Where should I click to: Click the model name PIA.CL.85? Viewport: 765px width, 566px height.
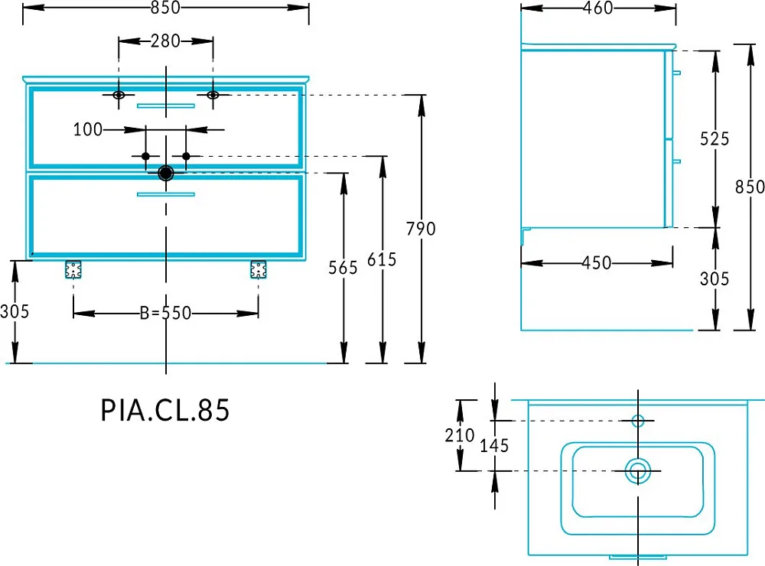165,410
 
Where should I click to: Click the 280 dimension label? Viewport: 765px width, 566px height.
165,41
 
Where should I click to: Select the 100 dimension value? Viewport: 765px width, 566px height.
88,129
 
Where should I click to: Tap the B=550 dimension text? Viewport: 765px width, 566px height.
165,313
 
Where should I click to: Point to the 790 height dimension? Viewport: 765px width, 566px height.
421,229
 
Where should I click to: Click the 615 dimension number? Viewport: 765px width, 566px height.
382,259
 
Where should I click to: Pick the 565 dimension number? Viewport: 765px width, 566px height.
343,268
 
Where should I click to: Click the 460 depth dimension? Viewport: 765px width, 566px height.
598,8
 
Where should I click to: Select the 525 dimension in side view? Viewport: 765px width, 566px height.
715,139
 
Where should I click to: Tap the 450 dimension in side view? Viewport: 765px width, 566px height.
597,263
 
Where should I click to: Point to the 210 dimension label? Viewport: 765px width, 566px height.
460,434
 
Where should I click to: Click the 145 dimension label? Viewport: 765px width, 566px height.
494,445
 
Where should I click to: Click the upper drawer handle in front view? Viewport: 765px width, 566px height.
166,106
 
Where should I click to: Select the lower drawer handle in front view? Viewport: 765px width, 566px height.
166,194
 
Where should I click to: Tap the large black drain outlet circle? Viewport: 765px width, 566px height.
166,173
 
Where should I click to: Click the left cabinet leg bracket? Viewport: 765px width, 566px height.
73,269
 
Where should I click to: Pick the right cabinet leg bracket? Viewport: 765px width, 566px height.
258,269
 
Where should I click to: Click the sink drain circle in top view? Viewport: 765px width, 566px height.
638,471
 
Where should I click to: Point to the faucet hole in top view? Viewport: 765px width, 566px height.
638,420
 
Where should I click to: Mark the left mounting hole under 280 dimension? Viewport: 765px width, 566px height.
119,95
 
